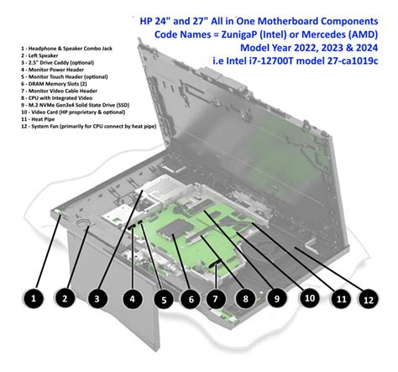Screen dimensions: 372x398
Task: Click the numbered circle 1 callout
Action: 32,297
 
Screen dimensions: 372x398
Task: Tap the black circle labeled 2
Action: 65,297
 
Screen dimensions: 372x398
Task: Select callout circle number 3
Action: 97,297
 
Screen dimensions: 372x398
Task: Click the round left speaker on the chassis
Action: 84,224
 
